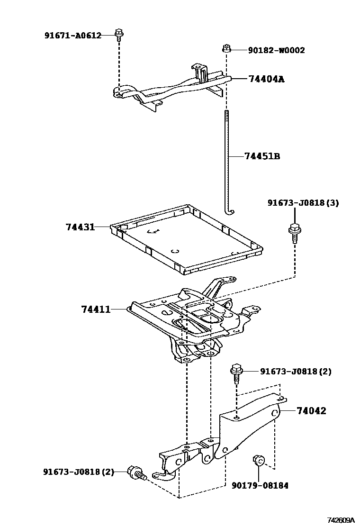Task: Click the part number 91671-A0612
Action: (73, 36)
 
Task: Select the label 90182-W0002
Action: (276, 50)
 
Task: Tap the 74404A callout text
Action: (266, 79)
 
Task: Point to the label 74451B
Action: (262, 156)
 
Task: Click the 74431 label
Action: (80, 227)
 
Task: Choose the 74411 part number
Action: (96, 309)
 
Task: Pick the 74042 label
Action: (311, 411)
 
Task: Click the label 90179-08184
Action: (260, 485)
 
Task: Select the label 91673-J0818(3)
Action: (303, 203)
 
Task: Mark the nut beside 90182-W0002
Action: (227, 48)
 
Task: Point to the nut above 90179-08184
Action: (259, 460)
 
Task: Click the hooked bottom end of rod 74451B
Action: (231, 210)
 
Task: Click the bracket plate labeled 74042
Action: (251, 422)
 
